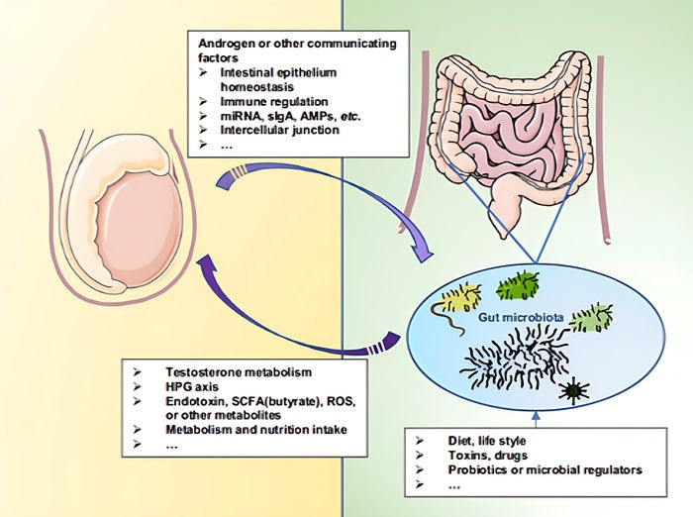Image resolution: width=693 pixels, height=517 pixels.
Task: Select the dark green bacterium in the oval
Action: (517, 285)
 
